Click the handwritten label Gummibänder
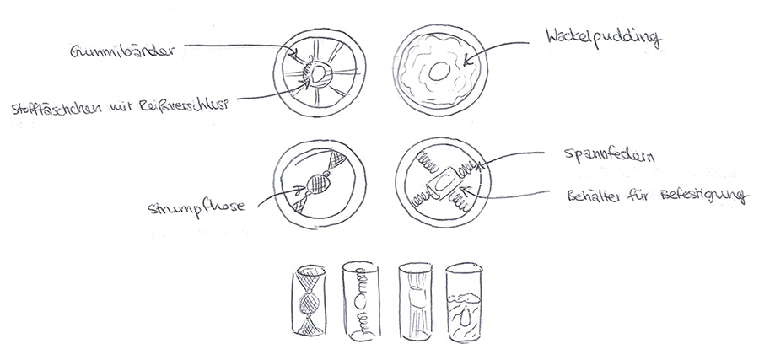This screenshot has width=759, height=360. click(x=122, y=51)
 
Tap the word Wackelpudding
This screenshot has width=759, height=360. click(x=603, y=38)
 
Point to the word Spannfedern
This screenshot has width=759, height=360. click(x=609, y=156)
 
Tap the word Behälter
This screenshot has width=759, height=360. click(x=594, y=196)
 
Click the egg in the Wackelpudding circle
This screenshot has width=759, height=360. click(x=439, y=73)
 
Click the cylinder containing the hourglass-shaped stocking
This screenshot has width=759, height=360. click(x=310, y=302)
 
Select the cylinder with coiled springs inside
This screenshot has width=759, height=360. click(x=361, y=300)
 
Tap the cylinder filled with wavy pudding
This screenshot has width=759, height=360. click(x=464, y=303)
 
